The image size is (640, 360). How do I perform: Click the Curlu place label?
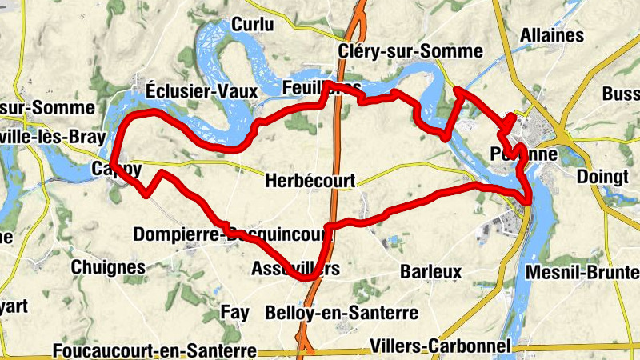pyautogui.click(x=252, y=26)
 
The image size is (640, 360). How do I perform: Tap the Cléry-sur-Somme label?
pyautogui.click(x=410, y=51)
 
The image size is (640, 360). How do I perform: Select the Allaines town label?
pyautogui.click(x=551, y=36)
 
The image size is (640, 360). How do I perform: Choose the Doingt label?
pyautogui.click(x=603, y=178)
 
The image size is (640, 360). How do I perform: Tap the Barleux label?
pyautogui.click(x=431, y=270)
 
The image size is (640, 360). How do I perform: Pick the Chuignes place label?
pyautogui.click(x=109, y=267)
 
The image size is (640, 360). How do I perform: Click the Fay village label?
pyautogui.click(x=234, y=310)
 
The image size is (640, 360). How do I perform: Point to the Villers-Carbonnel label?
pyautogui.click(x=441, y=346)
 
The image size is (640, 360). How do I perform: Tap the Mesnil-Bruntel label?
pyautogui.click(x=582, y=273)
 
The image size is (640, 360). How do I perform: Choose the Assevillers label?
pyautogui.click(x=295, y=268)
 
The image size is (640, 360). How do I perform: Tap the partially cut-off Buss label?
pyautogui.click(x=621, y=94)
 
